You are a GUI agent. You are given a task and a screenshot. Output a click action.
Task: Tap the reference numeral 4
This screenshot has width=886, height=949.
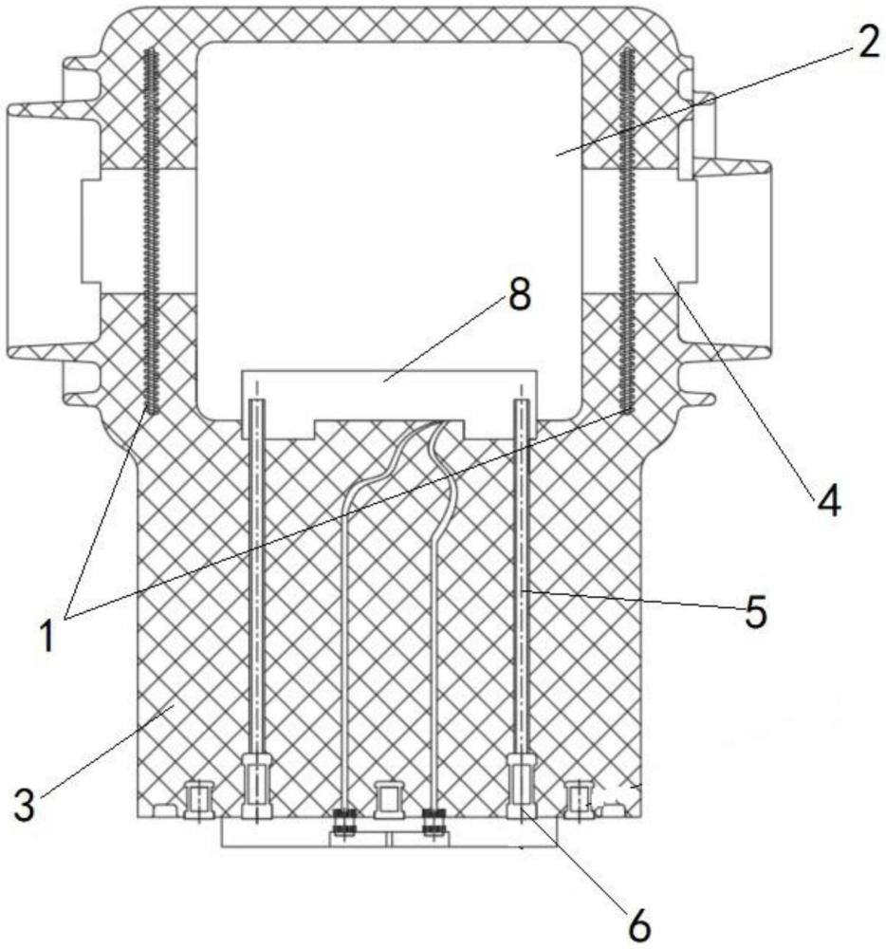click(x=828, y=500)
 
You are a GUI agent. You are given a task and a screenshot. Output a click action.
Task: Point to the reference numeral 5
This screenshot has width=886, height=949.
click(x=754, y=612)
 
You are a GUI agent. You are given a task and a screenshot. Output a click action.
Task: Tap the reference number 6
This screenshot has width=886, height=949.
click(x=641, y=924)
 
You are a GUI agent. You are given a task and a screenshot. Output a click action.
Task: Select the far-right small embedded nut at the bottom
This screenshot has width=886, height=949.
click(x=578, y=799)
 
